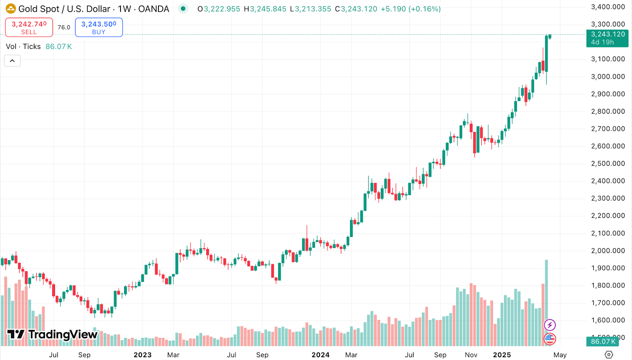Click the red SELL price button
coord(29,28)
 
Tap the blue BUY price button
coord(99,28)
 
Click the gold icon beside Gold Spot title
coord(11,9)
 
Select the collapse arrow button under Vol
coord(12,61)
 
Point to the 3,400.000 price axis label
coord(608,7)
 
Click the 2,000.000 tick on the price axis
coord(608,251)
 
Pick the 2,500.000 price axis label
coord(608,163)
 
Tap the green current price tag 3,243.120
coord(607,38)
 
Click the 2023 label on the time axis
coord(143,355)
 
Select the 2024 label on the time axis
coord(320,355)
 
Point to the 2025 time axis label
coord(502,355)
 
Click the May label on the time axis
coord(560,355)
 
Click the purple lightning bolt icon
coord(550,325)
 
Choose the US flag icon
coord(550,338)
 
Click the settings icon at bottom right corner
coord(609,354)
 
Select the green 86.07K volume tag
coord(603,341)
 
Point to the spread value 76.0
coord(64,28)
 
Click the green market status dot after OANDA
coord(183,9)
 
